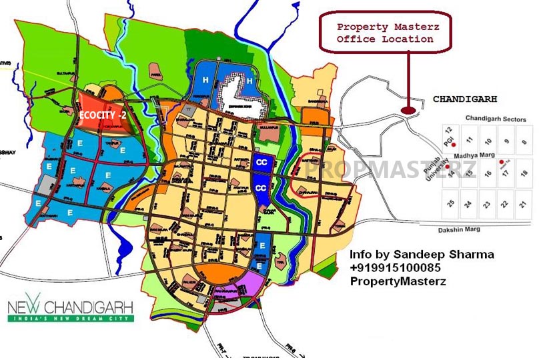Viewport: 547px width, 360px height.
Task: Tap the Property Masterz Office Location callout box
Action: click(x=385, y=33)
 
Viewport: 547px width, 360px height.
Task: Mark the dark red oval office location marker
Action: click(x=408, y=111)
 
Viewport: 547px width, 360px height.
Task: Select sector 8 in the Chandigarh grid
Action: click(x=524, y=141)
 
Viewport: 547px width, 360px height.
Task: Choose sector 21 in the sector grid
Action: click(x=524, y=203)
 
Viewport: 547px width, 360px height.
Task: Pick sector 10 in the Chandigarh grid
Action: click(x=488, y=141)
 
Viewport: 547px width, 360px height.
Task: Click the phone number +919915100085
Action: click(x=395, y=267)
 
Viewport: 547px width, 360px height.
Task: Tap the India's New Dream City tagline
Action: click(x=71, y=319)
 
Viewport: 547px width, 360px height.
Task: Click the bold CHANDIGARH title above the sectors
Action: click(x=465, y=99)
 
